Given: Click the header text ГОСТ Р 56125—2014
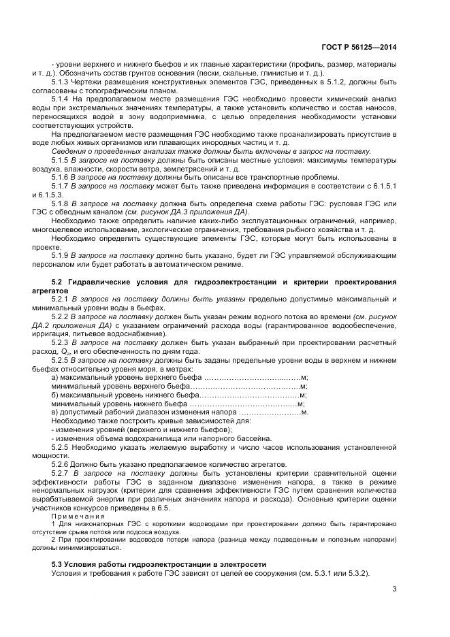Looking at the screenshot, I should coord(359,48).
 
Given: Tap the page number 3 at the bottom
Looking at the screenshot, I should coord(394,589).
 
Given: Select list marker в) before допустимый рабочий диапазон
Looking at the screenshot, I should coord(55,412).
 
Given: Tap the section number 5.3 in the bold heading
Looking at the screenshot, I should coord(57,565).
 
